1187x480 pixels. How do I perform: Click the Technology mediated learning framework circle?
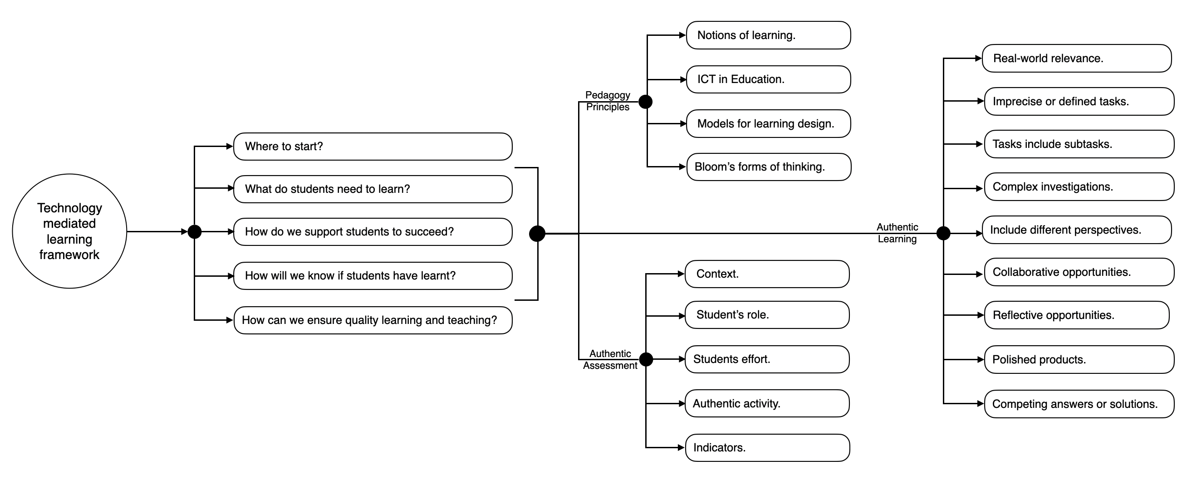point(69,231)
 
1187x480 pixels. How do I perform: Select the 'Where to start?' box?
point(373,147)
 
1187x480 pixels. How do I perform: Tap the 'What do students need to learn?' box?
point(373,189)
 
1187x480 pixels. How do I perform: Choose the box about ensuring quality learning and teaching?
point(373,320)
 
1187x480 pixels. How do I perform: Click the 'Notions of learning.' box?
point(768,35)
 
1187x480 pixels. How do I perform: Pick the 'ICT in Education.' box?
point(768,79)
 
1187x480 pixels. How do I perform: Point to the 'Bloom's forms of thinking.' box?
point(769,167)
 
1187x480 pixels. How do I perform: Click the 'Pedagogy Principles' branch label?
point(608,101)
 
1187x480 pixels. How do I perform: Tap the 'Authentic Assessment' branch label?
point(610,359)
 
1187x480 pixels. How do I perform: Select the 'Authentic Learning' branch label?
point(897,233)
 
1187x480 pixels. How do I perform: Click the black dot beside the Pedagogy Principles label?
point(646,102)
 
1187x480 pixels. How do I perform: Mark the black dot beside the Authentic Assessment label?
point(646,359)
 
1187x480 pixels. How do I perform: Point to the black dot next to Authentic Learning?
point(943,234)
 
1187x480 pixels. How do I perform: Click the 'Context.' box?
point(767,274)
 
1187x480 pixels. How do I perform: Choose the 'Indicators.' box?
point(768,448)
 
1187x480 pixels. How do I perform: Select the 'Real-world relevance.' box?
point(1077,59)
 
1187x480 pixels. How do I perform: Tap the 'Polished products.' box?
point(1079,359)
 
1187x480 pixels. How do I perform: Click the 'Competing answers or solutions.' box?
point(1079,404)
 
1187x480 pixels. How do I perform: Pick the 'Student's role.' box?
point(767,315)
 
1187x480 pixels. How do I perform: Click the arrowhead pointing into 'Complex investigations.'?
point(981,188)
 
